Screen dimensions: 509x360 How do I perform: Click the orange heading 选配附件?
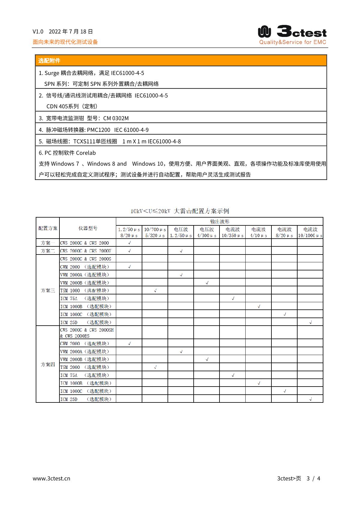click(49, 61)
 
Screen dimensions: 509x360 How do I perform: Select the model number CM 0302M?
click(116, 118)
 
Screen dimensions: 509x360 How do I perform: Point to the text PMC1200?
click(98, 130)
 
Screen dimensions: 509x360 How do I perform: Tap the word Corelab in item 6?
click(86, 153)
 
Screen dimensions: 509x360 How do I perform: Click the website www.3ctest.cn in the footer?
click(51, 478)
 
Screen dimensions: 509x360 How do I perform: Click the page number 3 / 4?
click(313, 478)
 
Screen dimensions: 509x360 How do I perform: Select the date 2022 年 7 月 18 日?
click(71, 32)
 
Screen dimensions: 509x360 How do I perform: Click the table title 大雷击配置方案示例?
click(201, 211)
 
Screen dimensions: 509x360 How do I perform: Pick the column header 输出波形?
click(219, 221)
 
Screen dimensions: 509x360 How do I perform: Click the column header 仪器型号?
click(88, 228)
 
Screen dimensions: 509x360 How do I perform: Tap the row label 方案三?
click(48, 290)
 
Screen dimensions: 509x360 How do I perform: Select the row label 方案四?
click(48, 364)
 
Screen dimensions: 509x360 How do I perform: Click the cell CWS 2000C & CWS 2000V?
click(86, 251)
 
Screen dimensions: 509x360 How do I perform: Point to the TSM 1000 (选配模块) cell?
click(85, 291)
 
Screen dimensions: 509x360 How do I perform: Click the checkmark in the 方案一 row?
click(129, 242)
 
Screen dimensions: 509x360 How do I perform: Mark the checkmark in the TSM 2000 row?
click(155, 367)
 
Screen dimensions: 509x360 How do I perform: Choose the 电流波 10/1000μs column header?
click(310, 232)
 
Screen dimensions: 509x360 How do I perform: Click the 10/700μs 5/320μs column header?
click(155, 232)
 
